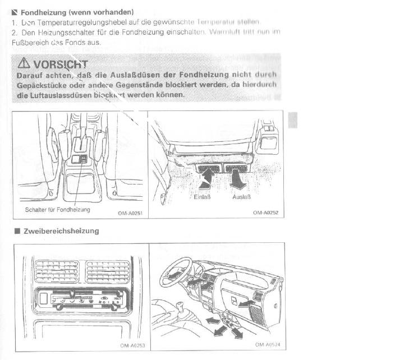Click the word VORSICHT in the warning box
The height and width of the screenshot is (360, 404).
click(61, 63)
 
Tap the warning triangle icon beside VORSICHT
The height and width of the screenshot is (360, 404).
click(24, 62)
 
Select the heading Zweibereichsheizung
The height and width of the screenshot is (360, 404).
click(61, 231)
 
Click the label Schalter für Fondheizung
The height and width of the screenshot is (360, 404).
click(58, 210)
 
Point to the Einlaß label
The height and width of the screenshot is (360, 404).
click(203, 197)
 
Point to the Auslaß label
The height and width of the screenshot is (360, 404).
click(241, 197)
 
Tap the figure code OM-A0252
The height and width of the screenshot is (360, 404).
click(267, 213)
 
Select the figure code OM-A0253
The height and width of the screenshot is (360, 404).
click(132, 345)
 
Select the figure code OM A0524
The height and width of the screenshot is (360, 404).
click(268, 345)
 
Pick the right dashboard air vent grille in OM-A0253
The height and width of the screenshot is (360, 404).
click(108, 271)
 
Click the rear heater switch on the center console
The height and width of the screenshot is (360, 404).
click(82, 159)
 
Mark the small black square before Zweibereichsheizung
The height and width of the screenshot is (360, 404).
click(17, 231)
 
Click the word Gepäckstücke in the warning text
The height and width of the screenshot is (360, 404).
click(42, 85)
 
